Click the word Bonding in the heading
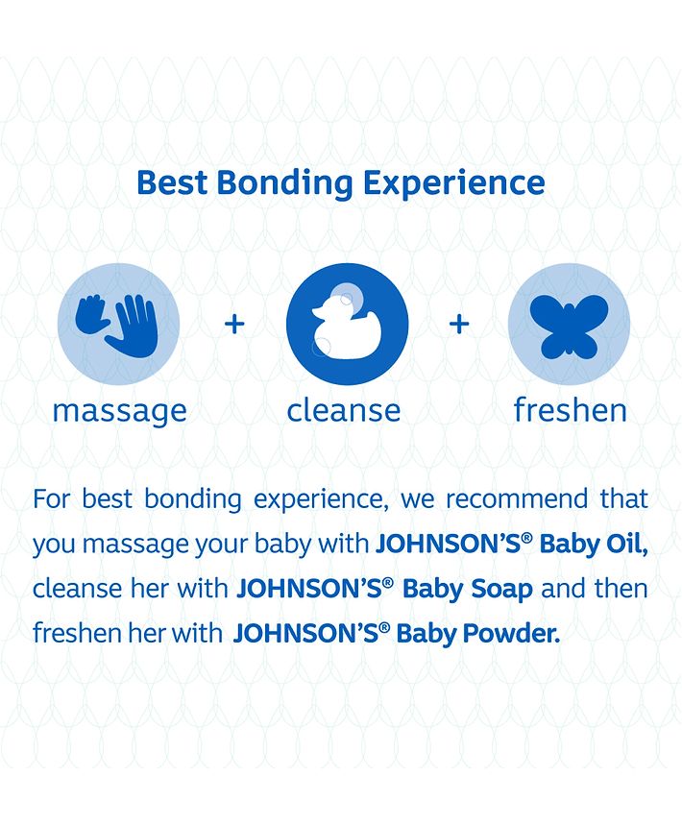click(284, 184)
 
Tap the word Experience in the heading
click(453, 184)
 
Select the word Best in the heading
click(172, 182)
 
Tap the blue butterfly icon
click(569, 327)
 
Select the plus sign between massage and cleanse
click(234, 324)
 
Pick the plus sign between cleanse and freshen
click(459, 324)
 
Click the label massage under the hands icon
click(120, 411)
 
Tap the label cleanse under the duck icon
click(344, 410)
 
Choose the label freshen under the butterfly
click(571, 410)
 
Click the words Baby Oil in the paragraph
click(594, 544)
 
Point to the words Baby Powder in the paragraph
click(477, 634)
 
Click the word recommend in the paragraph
click(517, 498)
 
